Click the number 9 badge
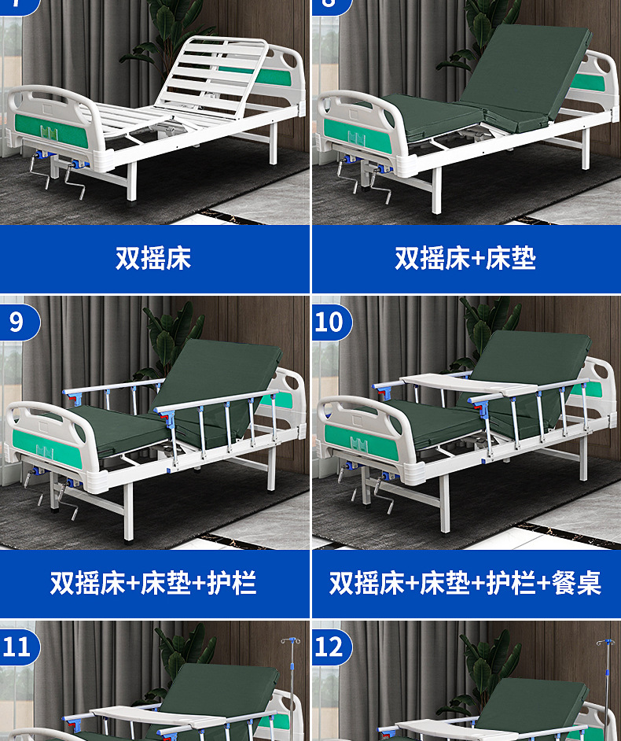(x=17, y=322)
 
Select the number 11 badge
(x=17, y=647)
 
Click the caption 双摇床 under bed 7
(x=154, y=258)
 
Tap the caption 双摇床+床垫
(x=465, y=258)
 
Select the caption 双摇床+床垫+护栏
(x=154, y=583)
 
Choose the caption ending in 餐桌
(x=465, y=583)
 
